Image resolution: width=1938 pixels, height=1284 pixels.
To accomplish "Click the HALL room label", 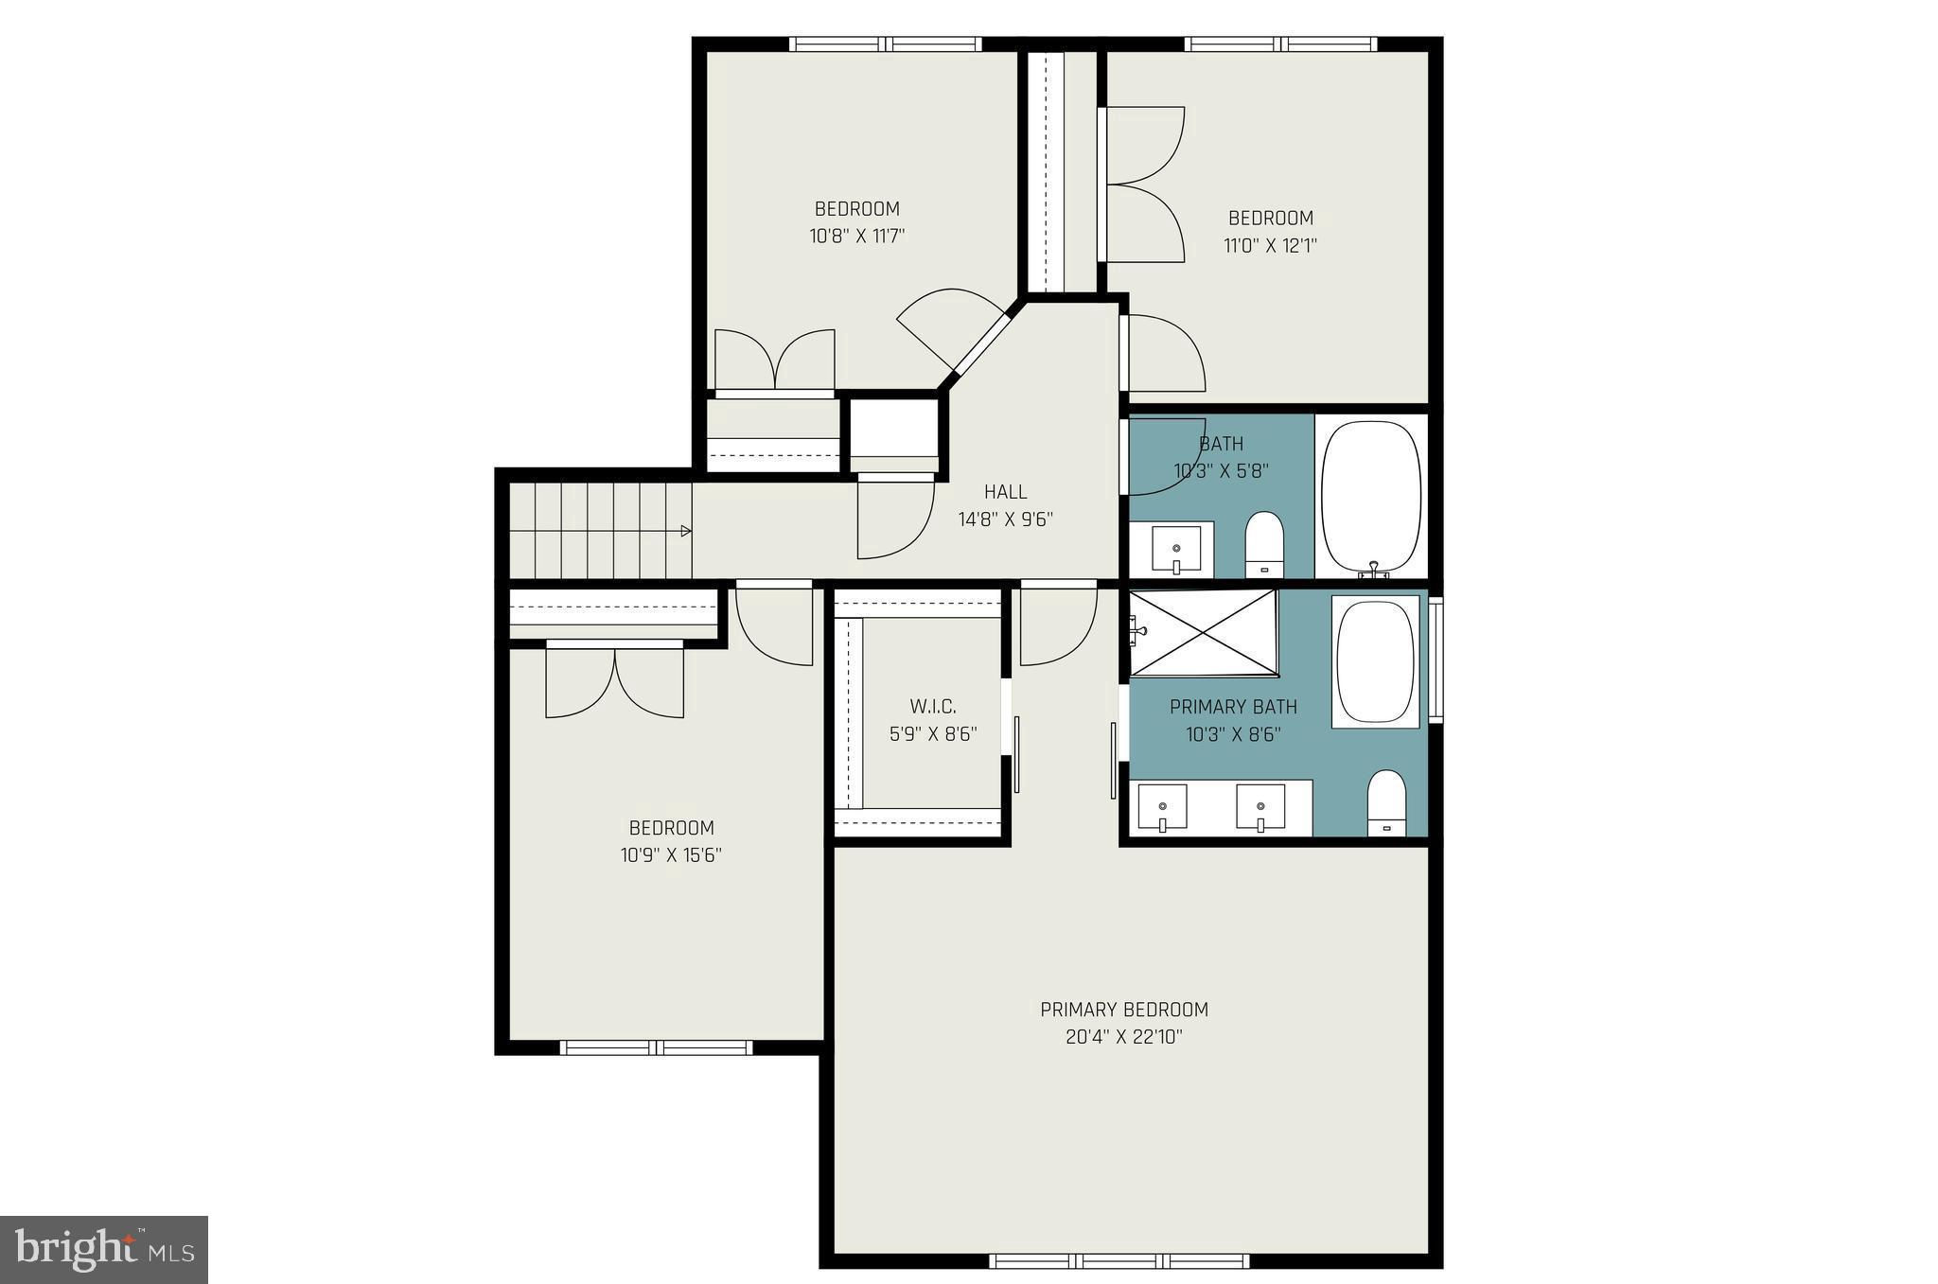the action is [x=1005, y=492].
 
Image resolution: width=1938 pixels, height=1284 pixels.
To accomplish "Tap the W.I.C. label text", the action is [x=933, y=707].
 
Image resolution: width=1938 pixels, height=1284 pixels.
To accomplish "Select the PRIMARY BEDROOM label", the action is [x=1124, y=1010].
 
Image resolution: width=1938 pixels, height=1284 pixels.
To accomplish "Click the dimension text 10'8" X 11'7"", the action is [x=857, y=236].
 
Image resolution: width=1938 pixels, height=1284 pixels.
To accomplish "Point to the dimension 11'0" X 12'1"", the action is [x=1271, y=246].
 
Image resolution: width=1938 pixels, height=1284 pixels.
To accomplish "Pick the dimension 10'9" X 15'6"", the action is [x=671, y=855].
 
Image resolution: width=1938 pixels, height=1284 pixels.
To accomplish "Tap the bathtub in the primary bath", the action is [x=1376, y=662].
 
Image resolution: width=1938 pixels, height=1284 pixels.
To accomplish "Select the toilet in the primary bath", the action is [x=1387, y=803].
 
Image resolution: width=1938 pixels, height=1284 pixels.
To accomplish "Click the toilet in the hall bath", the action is [x=1263, y=544].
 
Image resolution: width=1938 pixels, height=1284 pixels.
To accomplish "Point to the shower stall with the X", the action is [x=1204, y=633].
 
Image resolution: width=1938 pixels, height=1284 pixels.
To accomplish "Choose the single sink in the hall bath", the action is [x=1176, y=549].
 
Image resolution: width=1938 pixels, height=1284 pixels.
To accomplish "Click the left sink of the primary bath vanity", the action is [x=1162, y=807].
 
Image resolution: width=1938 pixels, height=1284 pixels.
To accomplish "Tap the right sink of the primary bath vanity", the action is [x=1260, y=807].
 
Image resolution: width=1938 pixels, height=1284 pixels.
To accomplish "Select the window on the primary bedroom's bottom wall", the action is [x=1119, y=1260].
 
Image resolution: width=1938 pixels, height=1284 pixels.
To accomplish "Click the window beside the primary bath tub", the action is [x=1436, y=660].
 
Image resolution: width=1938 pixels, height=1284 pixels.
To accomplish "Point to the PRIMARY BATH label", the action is [x=1233, y=707].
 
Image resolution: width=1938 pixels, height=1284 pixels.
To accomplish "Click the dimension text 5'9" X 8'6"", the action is [x=933, y=734].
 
